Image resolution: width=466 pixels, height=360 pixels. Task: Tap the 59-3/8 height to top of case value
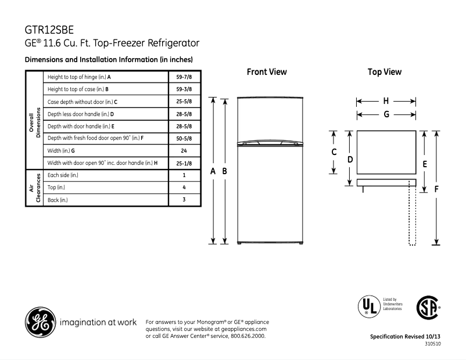pos(184,89)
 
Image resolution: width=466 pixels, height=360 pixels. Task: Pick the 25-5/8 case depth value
pos(184,102)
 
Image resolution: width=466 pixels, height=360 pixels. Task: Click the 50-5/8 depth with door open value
pos(184,138)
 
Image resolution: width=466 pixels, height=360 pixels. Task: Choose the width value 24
pos(184,151)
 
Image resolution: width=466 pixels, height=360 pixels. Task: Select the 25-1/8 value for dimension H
pos(184,163)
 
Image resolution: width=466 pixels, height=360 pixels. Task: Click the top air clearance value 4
pos(184,188)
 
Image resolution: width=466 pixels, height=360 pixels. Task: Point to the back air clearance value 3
pos(184,200)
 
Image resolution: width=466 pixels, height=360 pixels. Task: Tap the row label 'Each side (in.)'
pos(63,175)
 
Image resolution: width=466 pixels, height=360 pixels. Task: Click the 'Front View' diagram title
pos(267,72)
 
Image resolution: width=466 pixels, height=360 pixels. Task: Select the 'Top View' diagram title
pos(385,72)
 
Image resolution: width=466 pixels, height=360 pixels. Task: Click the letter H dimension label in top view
pos(386,100)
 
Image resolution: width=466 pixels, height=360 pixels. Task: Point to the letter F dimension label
pos(436,189)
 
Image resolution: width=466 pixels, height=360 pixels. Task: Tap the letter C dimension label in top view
pos(334,152)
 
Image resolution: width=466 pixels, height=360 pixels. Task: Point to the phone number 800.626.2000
pos(249,336)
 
